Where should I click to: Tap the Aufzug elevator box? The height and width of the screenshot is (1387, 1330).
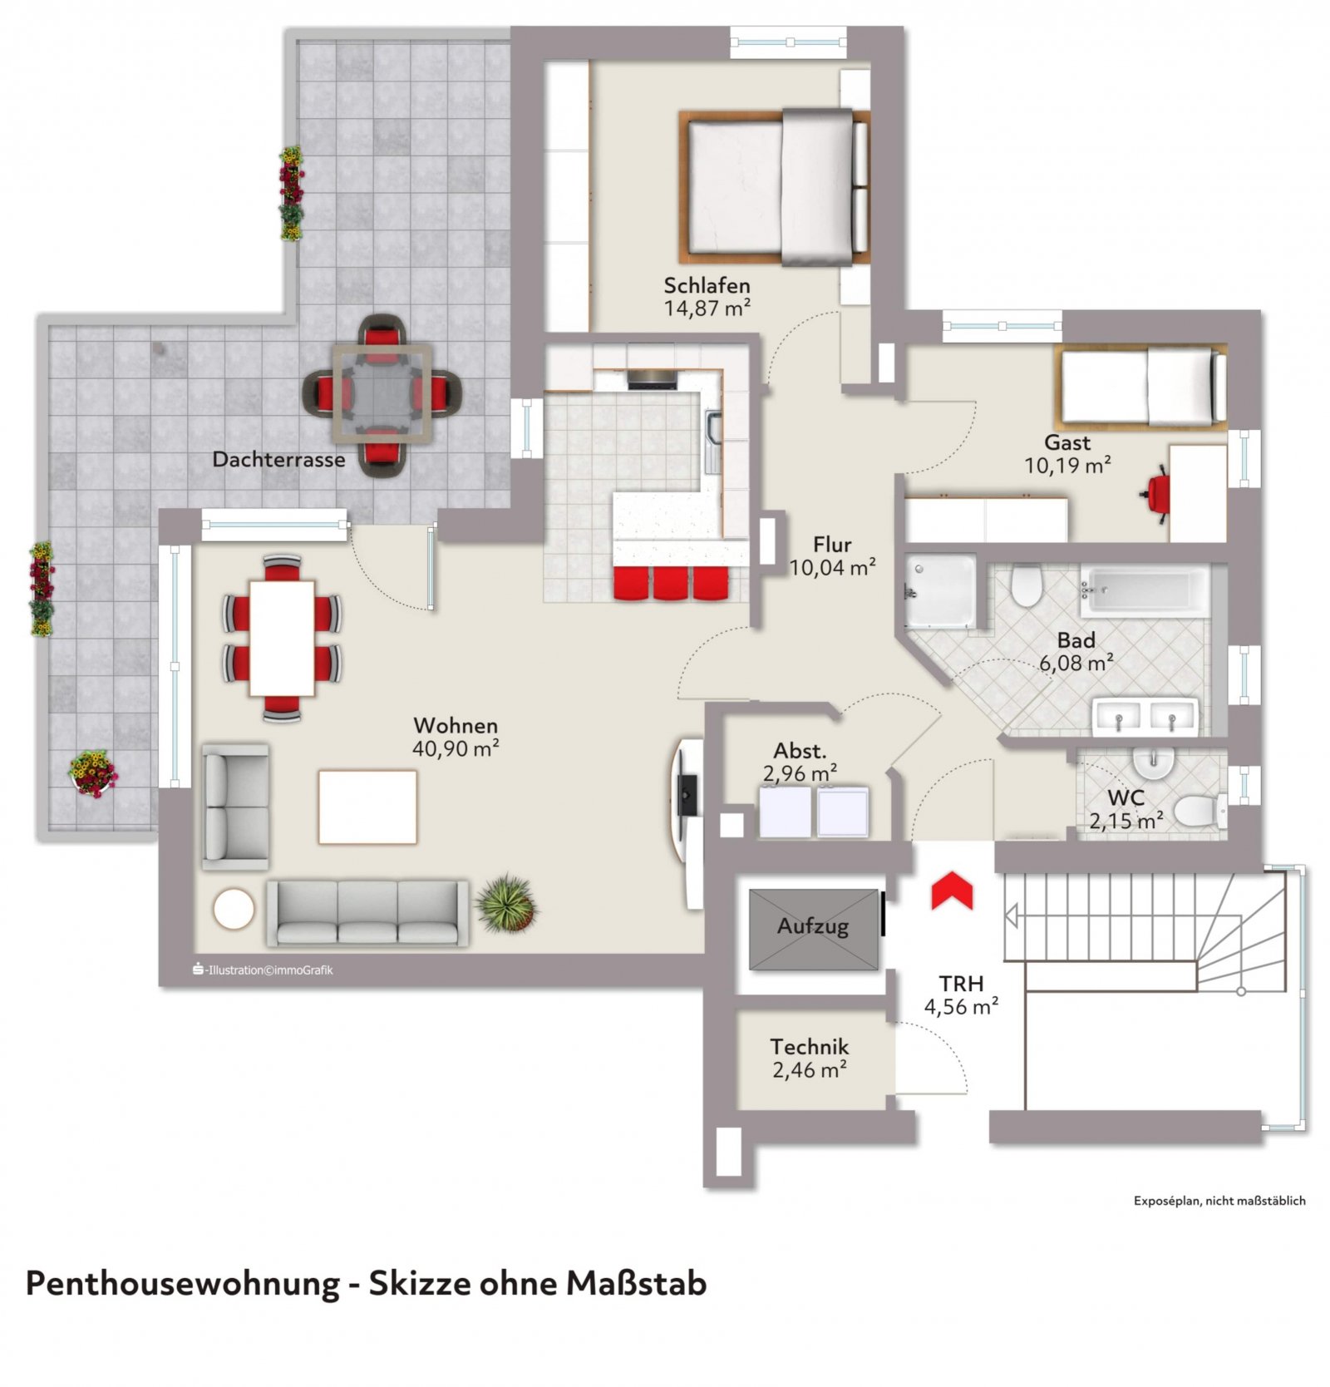pyautogui.click(x=813, y=928)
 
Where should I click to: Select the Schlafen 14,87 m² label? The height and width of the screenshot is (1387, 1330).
pyautogui.click(x=707, y=297)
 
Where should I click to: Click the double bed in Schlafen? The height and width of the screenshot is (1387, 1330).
pyautogui.click(x=773, y=188)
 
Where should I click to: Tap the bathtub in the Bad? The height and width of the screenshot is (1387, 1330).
pyautogui.click(x=1145, y=592)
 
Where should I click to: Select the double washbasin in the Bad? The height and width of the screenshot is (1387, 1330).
pyautogui.click(x=1145, y=717)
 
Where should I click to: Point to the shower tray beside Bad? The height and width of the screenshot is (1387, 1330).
pyautogui.click(x=939, y=591)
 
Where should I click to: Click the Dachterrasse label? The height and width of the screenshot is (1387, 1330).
pyautogui.click(x=278, y=459)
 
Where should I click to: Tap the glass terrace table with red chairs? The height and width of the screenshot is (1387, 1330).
pyautogui.click(x=382, y=395)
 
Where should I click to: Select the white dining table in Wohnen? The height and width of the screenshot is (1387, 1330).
pyautogui.click(x=282, y=638)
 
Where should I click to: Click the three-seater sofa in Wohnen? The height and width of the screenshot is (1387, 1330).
pyautogui.click(x=367, y=913)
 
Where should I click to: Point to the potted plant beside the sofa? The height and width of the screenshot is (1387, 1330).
pyautogui.click(x=507, y=902)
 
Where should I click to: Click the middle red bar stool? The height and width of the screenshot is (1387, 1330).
pyautogui.click(x=670, y=582)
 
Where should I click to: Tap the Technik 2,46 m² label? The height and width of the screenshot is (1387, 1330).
pyautogui.click(x=809, y=1058)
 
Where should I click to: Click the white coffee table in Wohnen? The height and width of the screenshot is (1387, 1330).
pyautogui.click(x=367, y=807)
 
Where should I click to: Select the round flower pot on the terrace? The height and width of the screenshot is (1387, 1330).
pyautogui.click(x=93, y=773)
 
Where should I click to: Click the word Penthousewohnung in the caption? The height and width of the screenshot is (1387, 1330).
pyautogui.click(x=183, y=1283)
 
